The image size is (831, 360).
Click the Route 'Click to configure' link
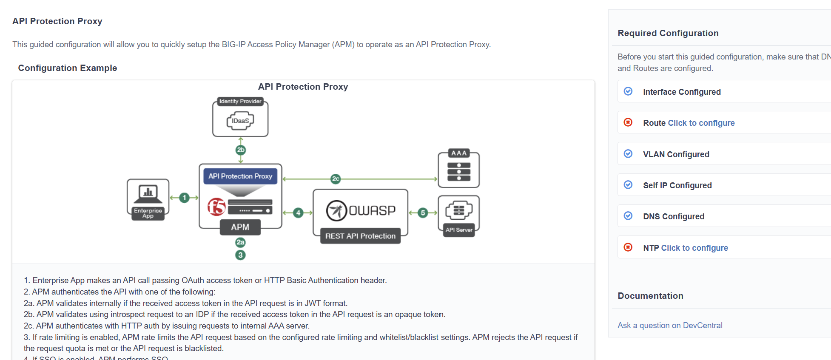pos(701,123)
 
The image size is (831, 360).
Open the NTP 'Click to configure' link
pos(694,248)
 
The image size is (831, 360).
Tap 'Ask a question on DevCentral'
pos(670,325)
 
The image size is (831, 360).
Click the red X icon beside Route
pos(628,122)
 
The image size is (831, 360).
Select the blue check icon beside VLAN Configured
pos(628,154)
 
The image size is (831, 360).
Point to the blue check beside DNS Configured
pos(628,216)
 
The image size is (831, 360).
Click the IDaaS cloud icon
pos(240,121)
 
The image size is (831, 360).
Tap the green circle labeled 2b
pos(241,150)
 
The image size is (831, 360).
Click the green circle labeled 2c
pos(336,179)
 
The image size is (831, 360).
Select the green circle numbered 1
pos(184,198)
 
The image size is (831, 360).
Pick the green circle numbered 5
pos(423,213)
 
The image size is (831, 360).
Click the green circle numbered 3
pos(240,255)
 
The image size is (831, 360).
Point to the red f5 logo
pos(216,207)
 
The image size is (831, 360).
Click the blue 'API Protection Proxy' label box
pos(240,176)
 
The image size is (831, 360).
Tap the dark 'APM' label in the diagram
pos(240,227)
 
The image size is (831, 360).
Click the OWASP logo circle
pos(336,210)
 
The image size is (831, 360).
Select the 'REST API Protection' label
pos(360,236)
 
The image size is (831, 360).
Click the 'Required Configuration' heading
pos(668,33)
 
